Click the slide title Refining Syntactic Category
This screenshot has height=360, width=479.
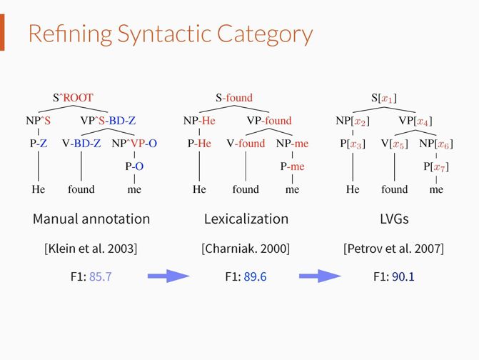coord(170,34)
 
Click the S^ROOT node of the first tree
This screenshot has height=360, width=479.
coord(73,98)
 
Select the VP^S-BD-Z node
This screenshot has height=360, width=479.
coord(108,121)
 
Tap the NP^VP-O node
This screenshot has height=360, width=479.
coord(134,144)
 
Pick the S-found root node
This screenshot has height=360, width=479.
coord(234,98)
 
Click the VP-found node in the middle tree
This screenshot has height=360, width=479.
coord(269,121)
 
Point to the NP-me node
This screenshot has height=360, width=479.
coord(292,144)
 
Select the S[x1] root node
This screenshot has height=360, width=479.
coord(383,98)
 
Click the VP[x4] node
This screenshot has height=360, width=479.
coord(415,121)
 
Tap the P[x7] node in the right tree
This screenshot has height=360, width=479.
coord(435,167)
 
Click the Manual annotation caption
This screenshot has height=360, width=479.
coord(91,219)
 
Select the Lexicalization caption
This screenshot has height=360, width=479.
coord(246,219)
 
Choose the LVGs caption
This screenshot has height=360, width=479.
coord(394,219)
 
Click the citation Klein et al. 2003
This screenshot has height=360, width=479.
coord(91,249)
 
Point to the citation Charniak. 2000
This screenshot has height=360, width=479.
coord(246,249)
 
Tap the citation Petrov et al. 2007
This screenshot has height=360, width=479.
coord(394,249)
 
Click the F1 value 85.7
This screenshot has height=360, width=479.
coord(101,276)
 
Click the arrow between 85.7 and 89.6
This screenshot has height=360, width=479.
coord(168,276)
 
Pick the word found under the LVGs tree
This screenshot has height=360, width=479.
coord(395,189)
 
